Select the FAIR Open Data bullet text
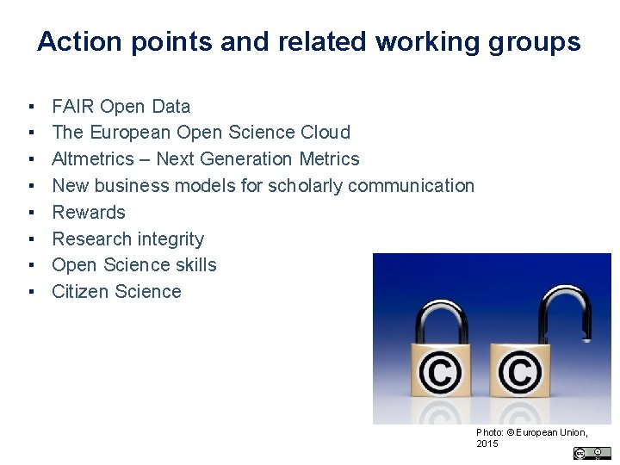121,106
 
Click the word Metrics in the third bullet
329,158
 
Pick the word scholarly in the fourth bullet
305,185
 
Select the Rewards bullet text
89,212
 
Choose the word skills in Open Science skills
195,264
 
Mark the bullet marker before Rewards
30,212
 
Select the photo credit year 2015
487,443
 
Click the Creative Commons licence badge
592,453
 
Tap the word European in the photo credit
539,431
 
